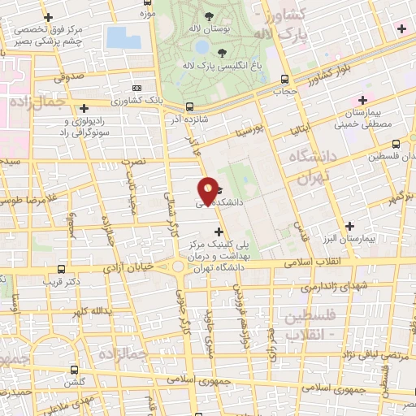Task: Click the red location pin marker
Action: point(209,191)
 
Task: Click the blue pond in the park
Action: point(123,37)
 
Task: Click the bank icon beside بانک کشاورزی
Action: point(136,87)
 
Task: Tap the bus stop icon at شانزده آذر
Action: point(189,106)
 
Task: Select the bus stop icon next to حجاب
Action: point(284,80)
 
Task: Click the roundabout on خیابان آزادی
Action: point(178,266)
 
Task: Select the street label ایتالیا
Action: point(300,128)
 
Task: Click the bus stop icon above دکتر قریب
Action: point(62,270)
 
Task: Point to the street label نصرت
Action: point(134,162)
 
